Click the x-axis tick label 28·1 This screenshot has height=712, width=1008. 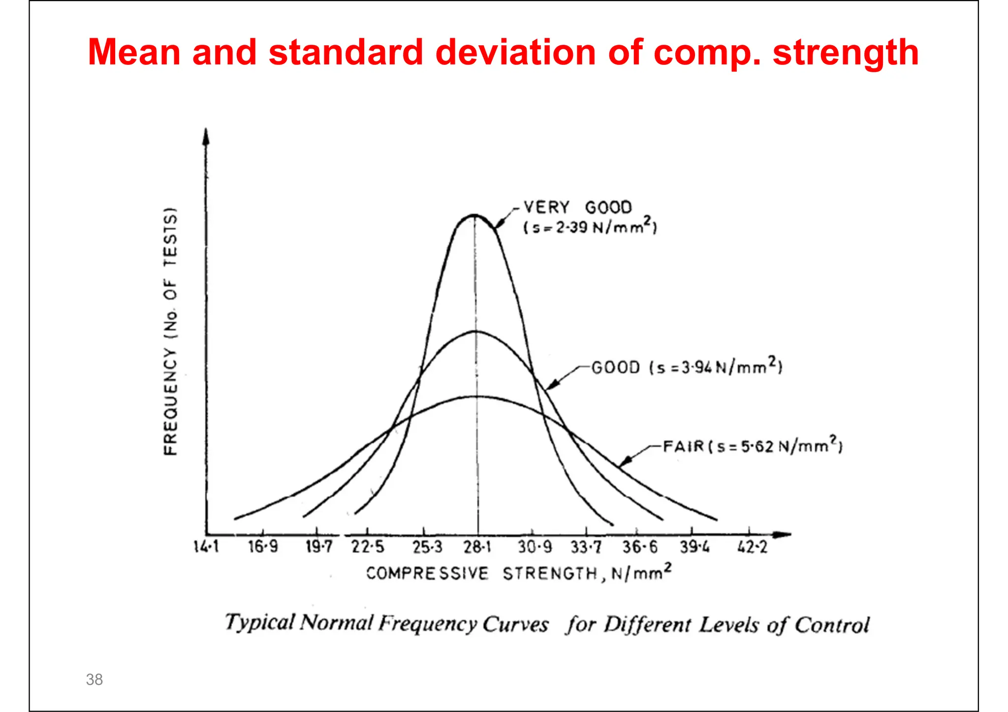[477, 547]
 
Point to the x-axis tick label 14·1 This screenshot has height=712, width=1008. [206, 546]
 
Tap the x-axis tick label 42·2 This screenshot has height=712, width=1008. [752, 547]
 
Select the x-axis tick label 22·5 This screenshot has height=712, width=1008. [367, 547]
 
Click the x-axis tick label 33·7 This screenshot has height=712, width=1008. [586, 547]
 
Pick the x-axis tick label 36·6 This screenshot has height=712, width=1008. [639, 547]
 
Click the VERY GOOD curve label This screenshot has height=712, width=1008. [577, 208]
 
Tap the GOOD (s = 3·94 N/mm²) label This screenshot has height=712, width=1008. [687, 367]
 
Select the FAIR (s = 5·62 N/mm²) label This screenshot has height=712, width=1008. [753, 446]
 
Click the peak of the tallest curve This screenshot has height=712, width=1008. [474, 215]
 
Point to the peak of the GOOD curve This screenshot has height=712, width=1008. [475, 331]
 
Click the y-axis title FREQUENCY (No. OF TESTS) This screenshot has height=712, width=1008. [170, 331]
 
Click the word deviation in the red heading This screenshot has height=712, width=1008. [516, 52]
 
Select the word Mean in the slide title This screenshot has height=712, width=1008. [134, 52]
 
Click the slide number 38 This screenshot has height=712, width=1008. [94, 680]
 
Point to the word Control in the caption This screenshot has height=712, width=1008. [832, 625]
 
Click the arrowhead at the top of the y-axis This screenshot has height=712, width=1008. [206, 136]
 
